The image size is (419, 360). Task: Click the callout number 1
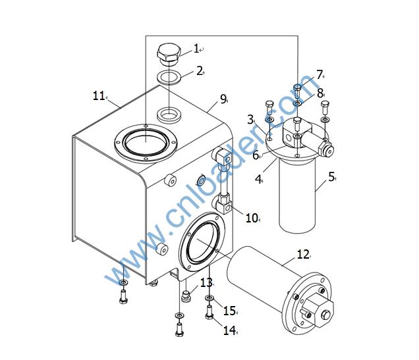(x=196, y=49)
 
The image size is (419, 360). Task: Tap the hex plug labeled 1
(x=169, y=55)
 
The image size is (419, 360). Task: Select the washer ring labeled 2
(x=169, y=78)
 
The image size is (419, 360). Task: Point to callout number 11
(x=99, y=96)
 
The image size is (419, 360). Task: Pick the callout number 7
(x=320, y=75)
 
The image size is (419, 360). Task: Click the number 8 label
(x=320, y=93)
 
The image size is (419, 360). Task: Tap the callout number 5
(x=331, y=176)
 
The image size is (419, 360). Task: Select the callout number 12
(x=303, y=254)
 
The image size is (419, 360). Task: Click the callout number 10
(x=252, y=218)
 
